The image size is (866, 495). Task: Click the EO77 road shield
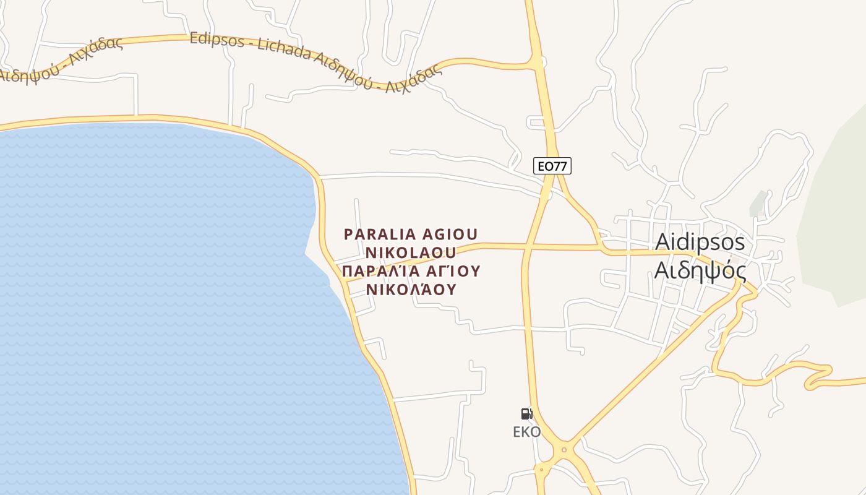tap(552, 166)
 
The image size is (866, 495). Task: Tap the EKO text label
tap(526, 432)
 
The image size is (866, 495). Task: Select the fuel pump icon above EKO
tap(526, 414)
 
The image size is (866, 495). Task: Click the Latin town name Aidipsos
tap(700, 241)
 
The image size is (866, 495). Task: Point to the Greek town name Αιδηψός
tap(700, 270)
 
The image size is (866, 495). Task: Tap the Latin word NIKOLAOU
tap(411, 252)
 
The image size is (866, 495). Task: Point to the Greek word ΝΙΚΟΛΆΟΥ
tap(411, 289)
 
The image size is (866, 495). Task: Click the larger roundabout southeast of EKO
tap(564, 450)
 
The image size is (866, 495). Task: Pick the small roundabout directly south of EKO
tap(542, 469)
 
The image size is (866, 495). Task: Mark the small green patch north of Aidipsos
tap(758, 204)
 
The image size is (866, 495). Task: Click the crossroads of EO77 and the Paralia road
tap(527, 247)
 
